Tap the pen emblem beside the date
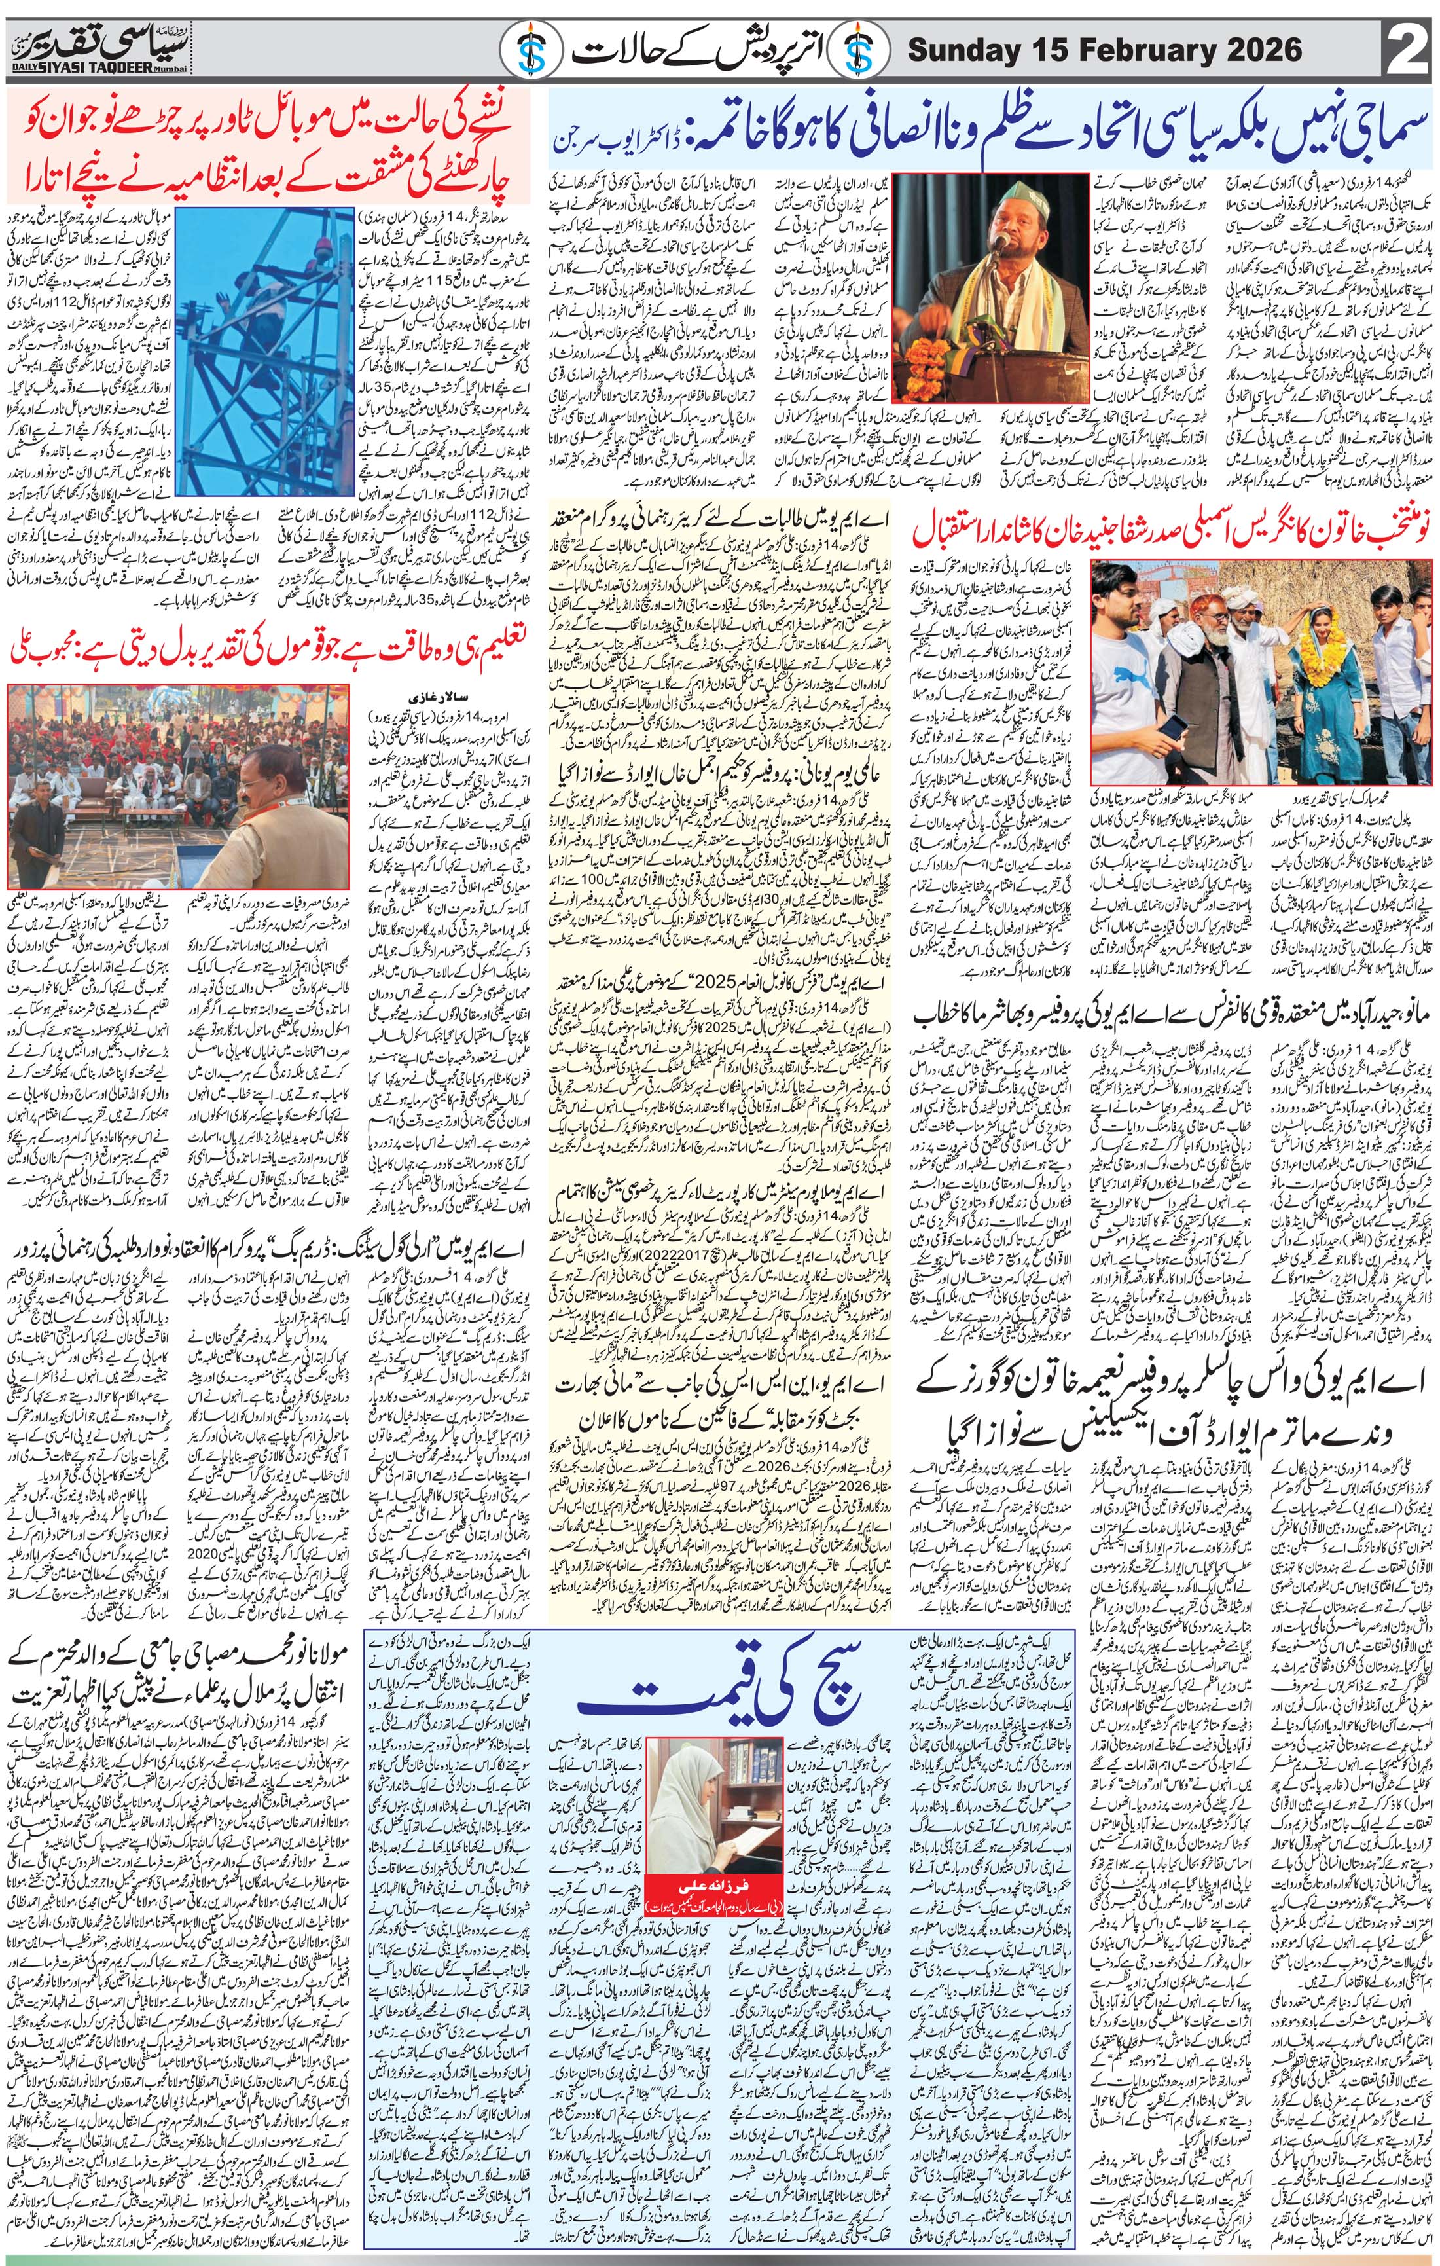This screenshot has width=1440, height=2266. (865, 49)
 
